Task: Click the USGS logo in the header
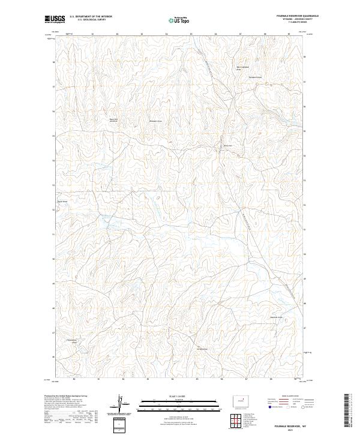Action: [55, 19]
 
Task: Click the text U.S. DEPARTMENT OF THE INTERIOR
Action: [91, 17]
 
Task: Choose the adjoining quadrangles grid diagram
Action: [233, 422]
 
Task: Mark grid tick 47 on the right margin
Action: [305, 328]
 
